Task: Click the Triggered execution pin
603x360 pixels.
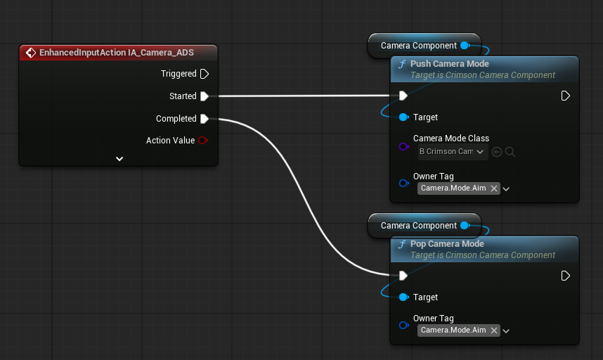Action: point(205,74)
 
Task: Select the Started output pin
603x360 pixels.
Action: point(205,96)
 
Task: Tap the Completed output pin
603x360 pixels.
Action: point(205,119)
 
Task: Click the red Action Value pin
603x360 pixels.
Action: point(203,141)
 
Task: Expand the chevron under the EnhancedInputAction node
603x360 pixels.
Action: point(119,159)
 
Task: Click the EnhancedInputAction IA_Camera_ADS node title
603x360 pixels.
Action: point(117,52)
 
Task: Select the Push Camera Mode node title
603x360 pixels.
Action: point(450,64)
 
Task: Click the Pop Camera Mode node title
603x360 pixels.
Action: point(447,244)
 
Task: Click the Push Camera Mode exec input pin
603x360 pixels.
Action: point(403,96)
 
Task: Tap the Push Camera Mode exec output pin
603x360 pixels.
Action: point(565,96)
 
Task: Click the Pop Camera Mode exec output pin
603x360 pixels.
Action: point(565,276)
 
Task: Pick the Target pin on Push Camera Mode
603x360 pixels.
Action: point(404,117)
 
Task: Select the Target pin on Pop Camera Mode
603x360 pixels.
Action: point(404,297)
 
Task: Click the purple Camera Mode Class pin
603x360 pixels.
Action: point(404,146)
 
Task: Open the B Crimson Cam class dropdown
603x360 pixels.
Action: point(453,152)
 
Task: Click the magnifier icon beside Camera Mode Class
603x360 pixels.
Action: point(510,152)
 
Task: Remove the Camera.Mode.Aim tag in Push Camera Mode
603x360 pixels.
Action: point(494,188)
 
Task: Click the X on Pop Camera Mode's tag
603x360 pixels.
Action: point(494,330)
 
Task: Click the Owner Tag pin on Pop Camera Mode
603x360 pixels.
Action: point(404,325)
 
